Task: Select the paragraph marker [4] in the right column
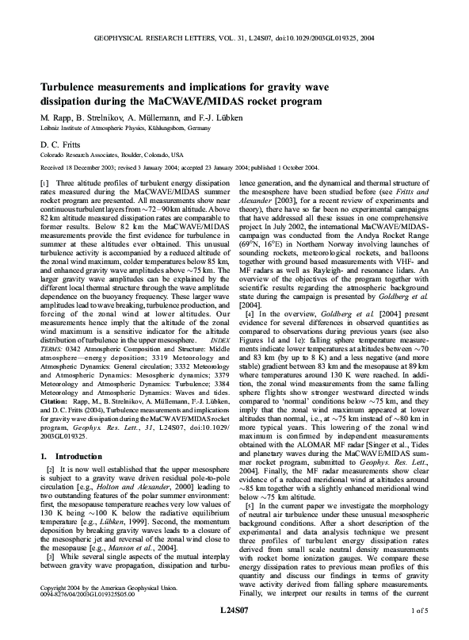pyautogui.click(x=250, y=335)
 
